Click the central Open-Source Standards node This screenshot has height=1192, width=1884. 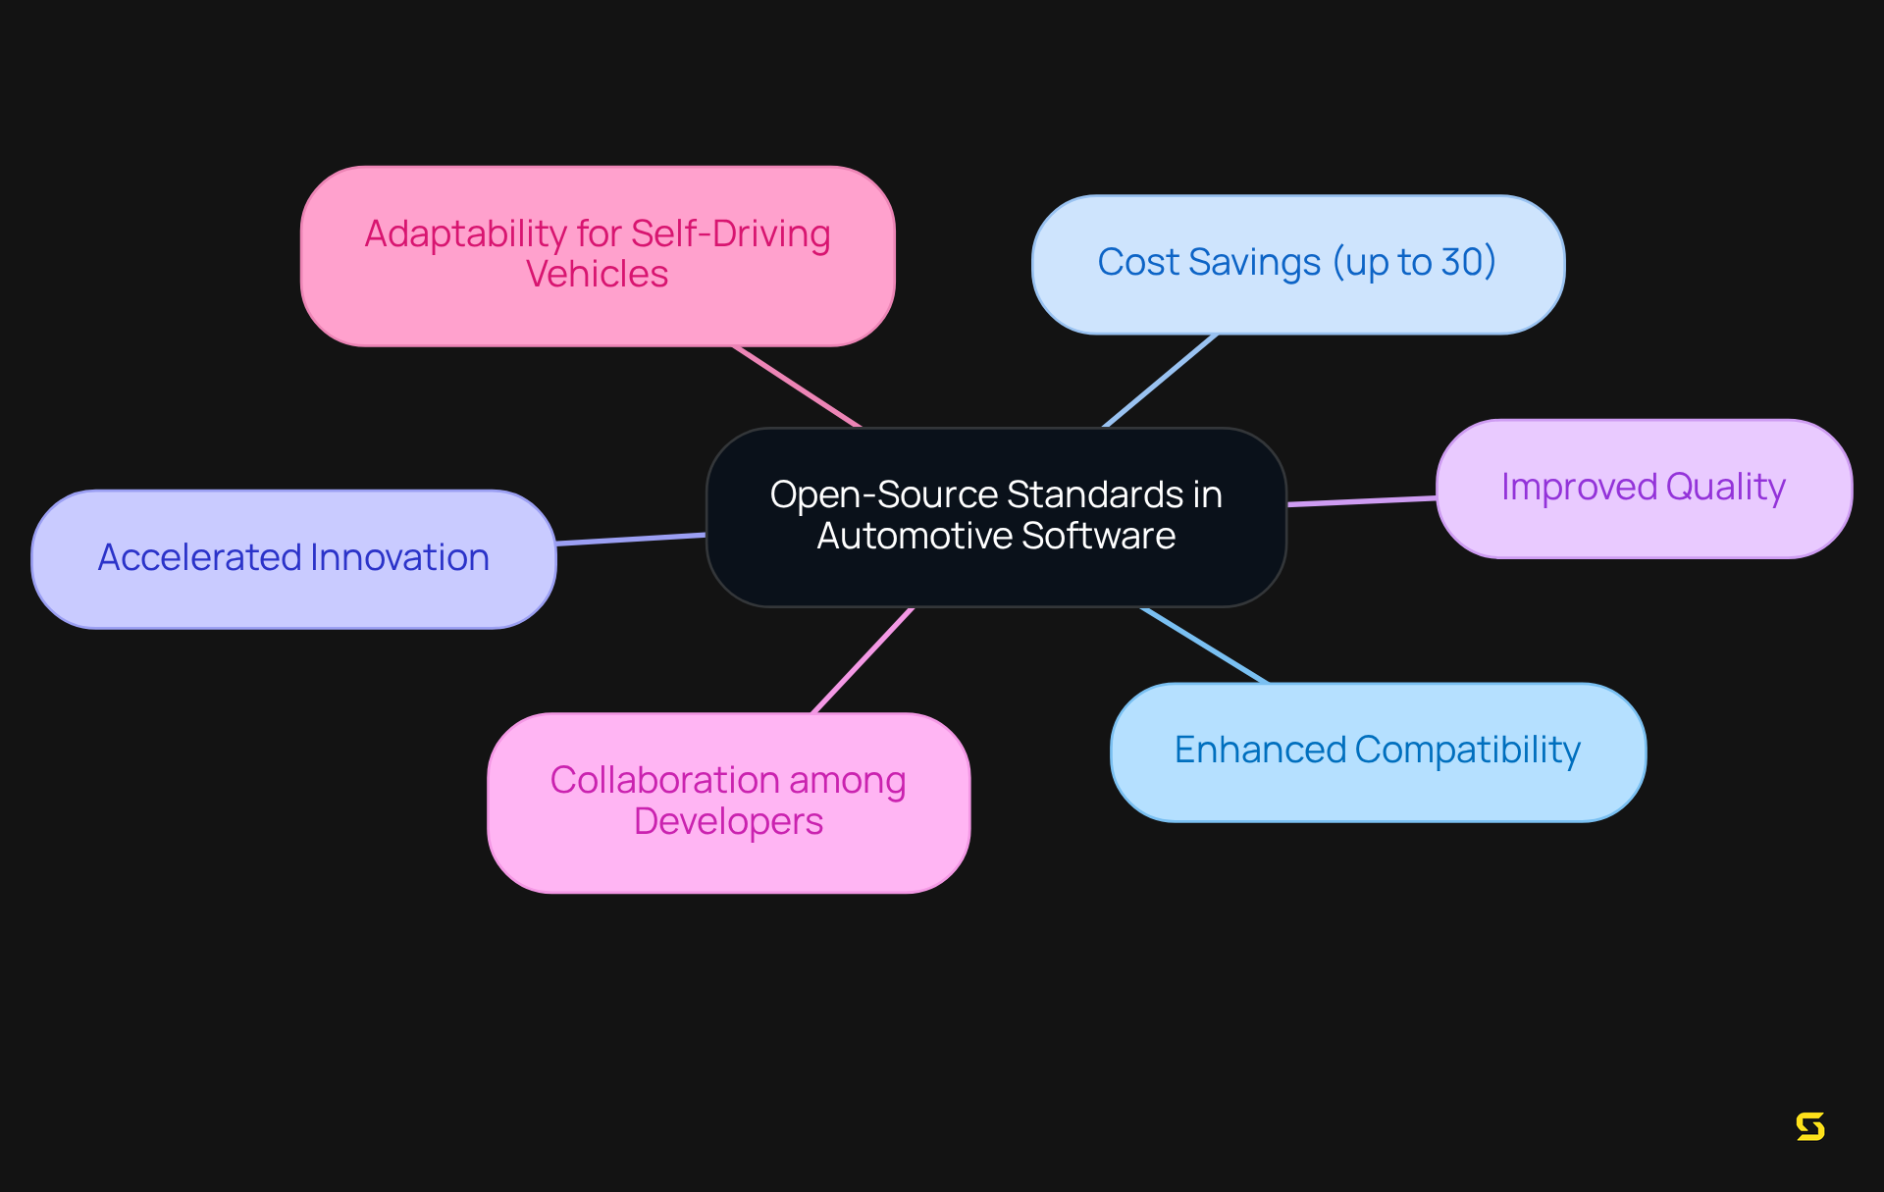(996, 517)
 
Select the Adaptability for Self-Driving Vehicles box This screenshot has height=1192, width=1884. (598, 256)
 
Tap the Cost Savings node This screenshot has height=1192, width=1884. (1297, 264)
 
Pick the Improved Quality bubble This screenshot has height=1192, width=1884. (1644, 489)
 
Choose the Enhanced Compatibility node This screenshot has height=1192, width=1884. (1378, 751)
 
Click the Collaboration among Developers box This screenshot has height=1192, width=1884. (728, 802)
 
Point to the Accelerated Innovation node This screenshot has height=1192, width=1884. (293, 559)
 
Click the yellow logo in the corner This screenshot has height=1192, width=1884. (1810, 1126)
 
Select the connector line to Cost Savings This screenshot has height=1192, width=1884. (1160, 381)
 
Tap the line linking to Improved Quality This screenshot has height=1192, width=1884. (1362, 501)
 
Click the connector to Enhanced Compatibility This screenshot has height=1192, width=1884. (1204, 646)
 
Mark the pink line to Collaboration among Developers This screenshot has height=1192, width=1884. (863, 660)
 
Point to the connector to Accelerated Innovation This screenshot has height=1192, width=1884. (631, 539)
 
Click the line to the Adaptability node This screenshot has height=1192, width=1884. (797, 387)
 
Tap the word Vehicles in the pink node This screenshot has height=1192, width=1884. (597, 275)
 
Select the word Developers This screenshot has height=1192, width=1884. (728, 821)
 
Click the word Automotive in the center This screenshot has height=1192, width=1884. (914, 537)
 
